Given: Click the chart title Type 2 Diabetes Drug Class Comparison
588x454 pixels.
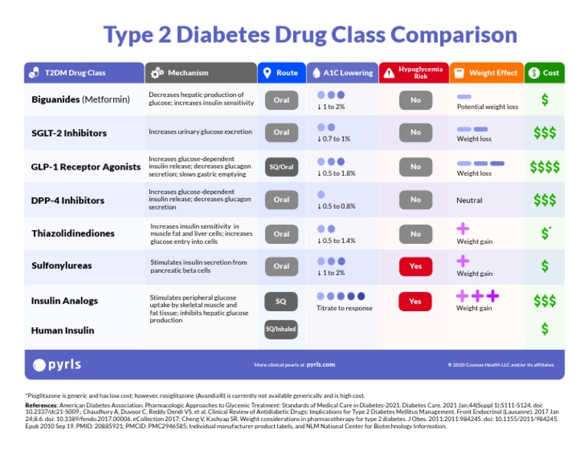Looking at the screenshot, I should (310, 34).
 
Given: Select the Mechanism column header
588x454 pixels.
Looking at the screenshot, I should (188, 73).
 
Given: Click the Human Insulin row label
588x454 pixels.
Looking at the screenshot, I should (63, 330).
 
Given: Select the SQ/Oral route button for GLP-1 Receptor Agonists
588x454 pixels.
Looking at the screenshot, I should (281, 167).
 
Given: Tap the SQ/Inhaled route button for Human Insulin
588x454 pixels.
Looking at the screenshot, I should (281, 329).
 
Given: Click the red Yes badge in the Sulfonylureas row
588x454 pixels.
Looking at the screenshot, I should (415, 266).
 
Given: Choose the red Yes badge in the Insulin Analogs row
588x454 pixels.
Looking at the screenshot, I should (415, 301).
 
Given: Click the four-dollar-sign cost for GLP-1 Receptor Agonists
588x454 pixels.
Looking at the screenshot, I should (544, 167).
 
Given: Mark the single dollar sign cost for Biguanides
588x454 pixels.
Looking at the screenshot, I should (544, 99).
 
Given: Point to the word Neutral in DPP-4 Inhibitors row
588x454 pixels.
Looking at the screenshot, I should (469, 200).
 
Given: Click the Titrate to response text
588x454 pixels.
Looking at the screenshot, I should (344, 308).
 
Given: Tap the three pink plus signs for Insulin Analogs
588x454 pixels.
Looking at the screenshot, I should (477, 296).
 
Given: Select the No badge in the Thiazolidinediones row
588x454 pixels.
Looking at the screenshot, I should (415, 234).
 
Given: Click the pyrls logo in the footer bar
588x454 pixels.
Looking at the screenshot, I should (57, 365).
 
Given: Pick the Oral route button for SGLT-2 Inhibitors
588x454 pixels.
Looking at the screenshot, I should (281, 132).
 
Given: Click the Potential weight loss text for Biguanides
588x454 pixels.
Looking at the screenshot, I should (487, 107).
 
